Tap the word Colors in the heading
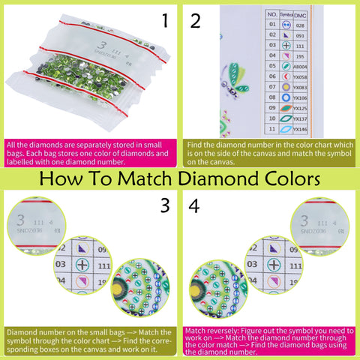(289, 180)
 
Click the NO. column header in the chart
(272, 14)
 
